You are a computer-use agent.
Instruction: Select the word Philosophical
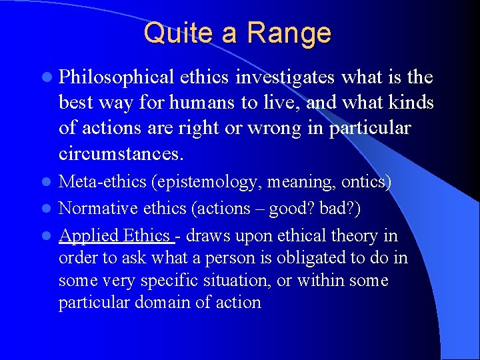pos(116,78)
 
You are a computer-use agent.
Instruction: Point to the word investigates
pos(286,78)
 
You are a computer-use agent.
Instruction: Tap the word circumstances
pos(120,154)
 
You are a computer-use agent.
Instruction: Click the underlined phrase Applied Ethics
pos(116,235)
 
